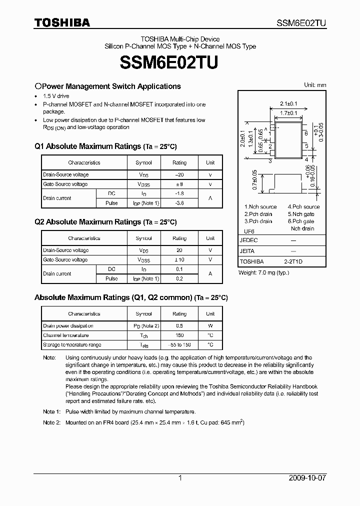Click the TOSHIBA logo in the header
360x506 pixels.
point(62,22)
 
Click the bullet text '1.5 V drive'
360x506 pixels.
point(56,96)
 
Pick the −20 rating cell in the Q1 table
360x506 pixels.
point(179,175)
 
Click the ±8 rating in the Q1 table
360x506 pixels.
point(179,184)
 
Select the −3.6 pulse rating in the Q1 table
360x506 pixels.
point(179,203)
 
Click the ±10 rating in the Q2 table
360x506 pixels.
point(179,260)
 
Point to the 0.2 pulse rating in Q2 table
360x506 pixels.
point(179,278)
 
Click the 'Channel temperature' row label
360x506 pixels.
point(65,335)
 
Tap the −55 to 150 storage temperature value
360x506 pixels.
point(179,345)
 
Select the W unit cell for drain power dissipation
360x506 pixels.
point(210,326)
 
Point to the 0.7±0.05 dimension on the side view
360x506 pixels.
point(254,180)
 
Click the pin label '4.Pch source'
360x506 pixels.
point(303,207)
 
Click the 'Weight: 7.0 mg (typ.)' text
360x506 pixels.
point(263,272)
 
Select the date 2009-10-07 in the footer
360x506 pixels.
point(307,478)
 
